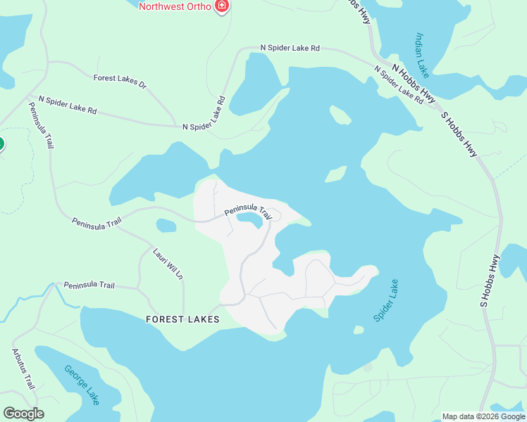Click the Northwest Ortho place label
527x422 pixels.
point(175,7)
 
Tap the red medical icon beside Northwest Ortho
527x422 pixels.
point(223,6)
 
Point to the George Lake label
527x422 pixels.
point(82,385)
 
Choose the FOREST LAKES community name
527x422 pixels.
point(182,319)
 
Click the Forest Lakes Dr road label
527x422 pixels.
point(119,81)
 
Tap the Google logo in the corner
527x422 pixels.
point(23,414)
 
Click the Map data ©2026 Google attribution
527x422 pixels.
point(483,416)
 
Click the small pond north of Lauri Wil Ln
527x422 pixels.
point(166,226)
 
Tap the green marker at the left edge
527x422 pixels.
point(1,145)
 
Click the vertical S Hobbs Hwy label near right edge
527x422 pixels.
point(488,281)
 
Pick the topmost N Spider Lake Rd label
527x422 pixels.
point(290,48)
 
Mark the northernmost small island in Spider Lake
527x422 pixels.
point(340,114)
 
